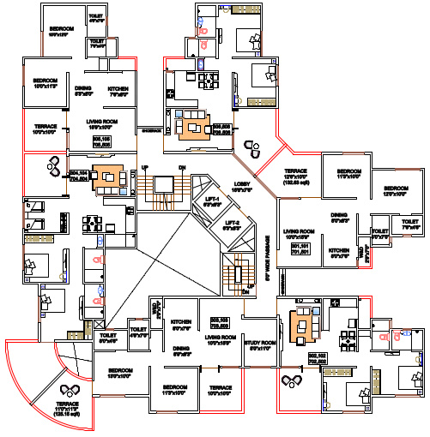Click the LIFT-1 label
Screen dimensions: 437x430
[211, 202]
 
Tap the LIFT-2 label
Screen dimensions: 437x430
[230, 225]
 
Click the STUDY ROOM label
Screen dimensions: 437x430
[258, 344]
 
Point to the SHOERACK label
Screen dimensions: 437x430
[152, 129]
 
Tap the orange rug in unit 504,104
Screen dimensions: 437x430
[107, 177]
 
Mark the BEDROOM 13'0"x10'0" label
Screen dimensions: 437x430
[120, 374]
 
